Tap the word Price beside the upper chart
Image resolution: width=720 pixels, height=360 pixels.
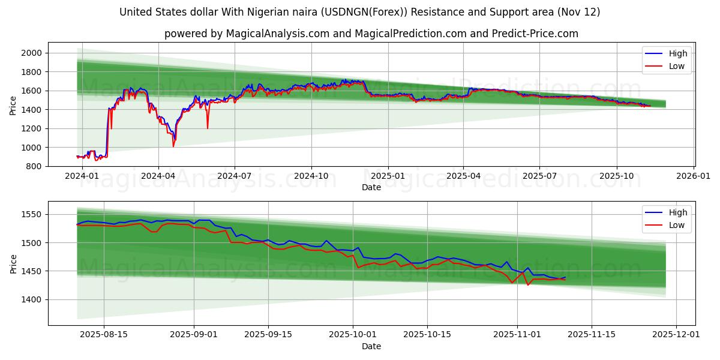[13, 105]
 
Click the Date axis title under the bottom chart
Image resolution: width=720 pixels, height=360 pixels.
[371, 346]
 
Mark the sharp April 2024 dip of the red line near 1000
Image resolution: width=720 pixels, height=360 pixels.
[173, 146]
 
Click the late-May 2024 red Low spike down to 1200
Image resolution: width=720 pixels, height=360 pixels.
[208, 128]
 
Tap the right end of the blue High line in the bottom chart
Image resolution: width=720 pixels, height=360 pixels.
[565, 277]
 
